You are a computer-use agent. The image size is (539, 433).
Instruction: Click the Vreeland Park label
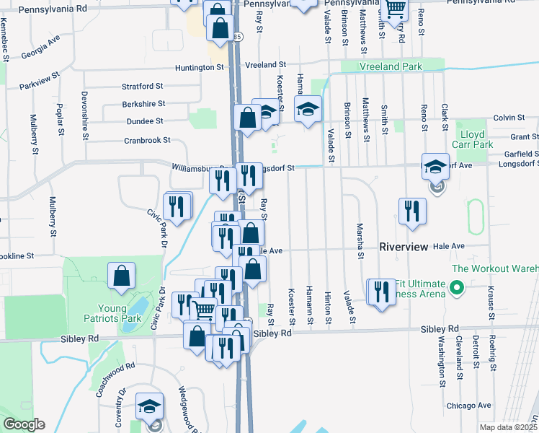[x=391, y=66]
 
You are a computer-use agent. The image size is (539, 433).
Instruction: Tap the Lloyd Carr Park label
[x=472, y=139]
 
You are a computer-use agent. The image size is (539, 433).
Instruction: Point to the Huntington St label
[x=200, y=67]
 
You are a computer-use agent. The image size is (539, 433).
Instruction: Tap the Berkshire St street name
[x=143, y=104]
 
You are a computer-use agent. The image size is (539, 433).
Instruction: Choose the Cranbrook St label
[x=147, y=140]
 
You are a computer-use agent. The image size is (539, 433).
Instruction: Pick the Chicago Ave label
[x=468, y=406]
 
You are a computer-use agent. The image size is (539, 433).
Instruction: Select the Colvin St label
[x=509, y=118]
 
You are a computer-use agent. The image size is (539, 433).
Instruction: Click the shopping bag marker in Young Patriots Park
[x=121, y=276]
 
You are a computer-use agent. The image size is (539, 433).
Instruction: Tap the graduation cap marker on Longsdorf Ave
[x=435, y=167]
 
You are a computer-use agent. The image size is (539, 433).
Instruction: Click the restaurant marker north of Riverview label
[x=411, y=210]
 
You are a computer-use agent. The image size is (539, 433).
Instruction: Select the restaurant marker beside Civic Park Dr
[x=177, y=207]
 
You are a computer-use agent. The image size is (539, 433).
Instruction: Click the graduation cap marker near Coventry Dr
[x=149, y=406]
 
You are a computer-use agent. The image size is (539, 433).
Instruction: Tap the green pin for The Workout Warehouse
[x=455, y=288]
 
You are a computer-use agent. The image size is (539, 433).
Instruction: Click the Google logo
[x=24, y=424]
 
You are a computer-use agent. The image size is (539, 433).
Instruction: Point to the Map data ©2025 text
[x=508, y=427]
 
